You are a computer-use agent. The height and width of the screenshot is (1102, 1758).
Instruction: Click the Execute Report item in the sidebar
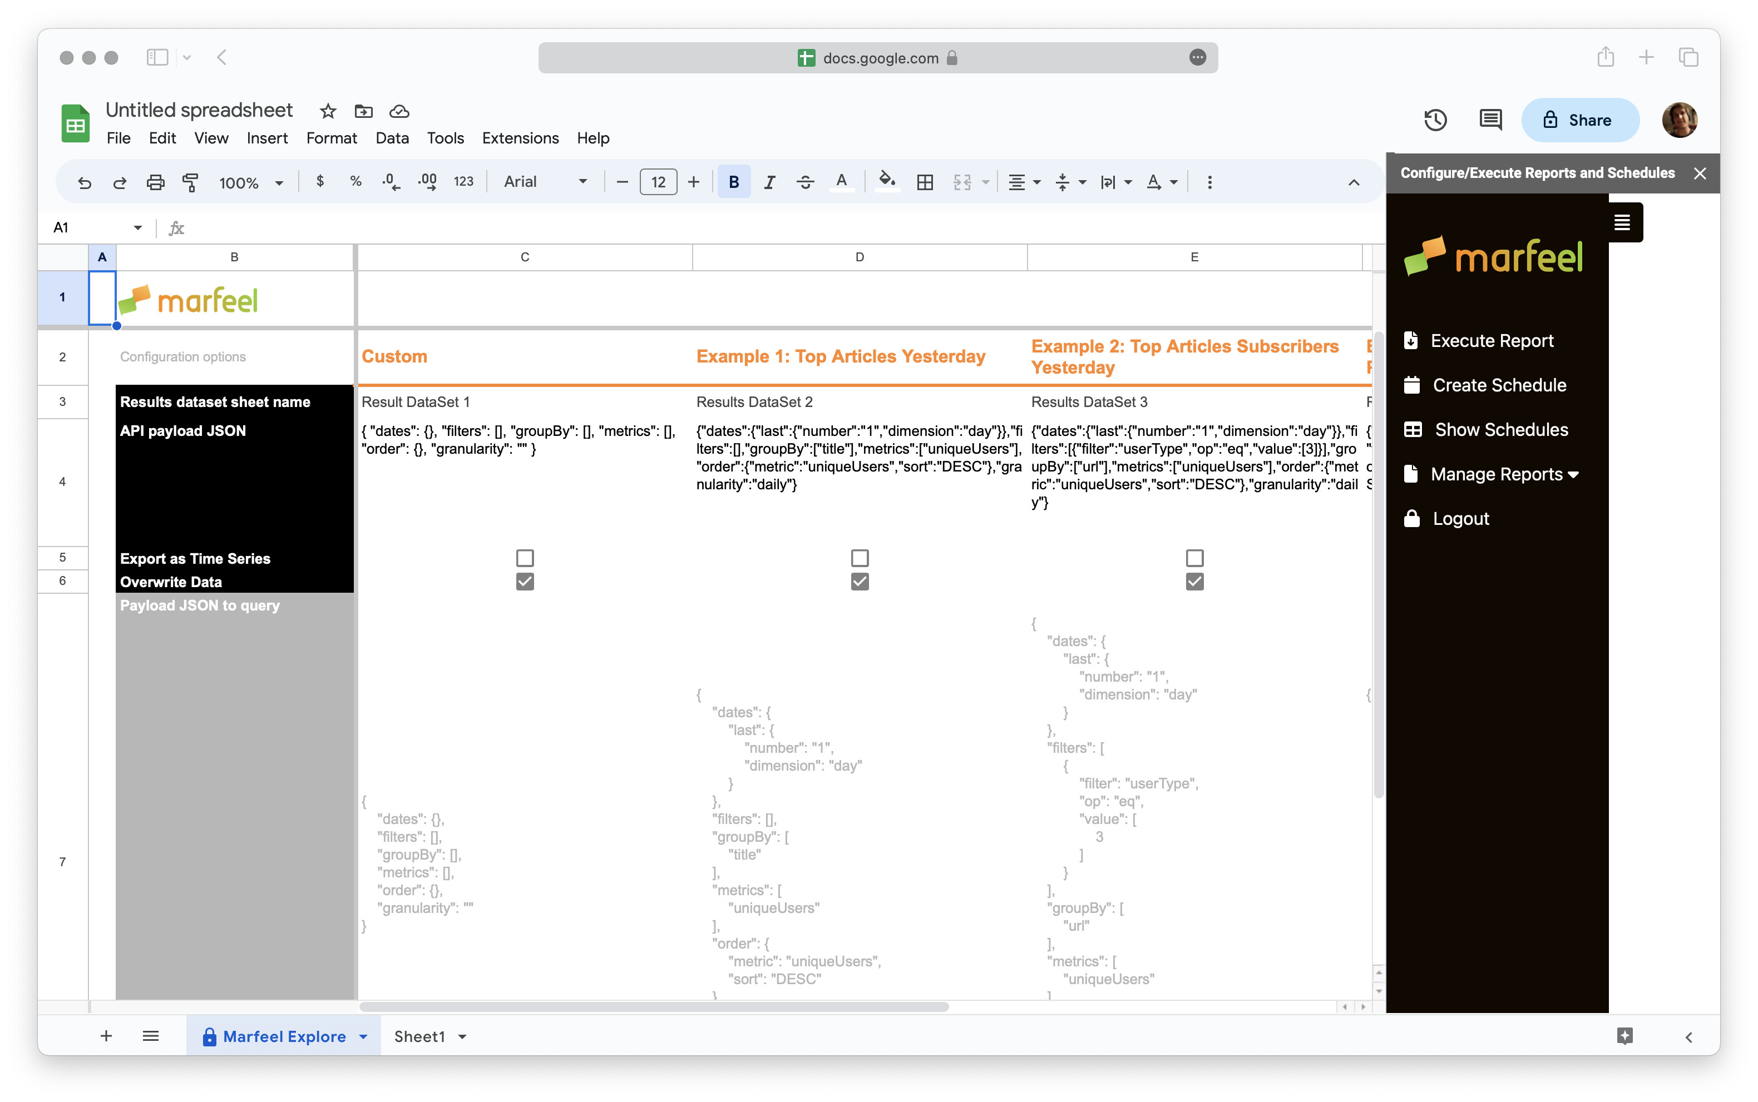1490,340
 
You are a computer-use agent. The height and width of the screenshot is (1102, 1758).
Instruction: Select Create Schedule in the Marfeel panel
1498,385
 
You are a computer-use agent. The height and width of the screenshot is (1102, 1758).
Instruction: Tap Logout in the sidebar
1460,518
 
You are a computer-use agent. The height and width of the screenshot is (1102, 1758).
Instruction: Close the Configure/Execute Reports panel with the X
1700,173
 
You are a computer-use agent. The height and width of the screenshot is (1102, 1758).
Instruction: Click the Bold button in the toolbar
734,181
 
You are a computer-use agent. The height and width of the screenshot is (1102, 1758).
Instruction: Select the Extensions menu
520,138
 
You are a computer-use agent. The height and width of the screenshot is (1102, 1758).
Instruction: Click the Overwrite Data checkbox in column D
860,582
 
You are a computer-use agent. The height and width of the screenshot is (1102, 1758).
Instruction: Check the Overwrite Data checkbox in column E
1194,582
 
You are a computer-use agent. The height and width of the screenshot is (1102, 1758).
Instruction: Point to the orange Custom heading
394,356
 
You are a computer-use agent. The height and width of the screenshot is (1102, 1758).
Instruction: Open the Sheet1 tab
419,1036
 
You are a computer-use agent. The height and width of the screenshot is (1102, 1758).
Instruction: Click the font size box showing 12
658,181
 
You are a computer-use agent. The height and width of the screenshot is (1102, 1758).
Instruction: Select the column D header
860,256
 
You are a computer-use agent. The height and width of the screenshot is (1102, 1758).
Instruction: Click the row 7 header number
63,861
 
